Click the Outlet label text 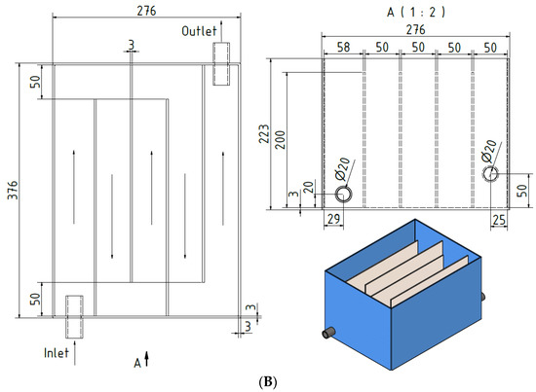coord(199,31)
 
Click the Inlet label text coord(57,353)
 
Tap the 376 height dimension coord(13,191)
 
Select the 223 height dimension coord(264,133)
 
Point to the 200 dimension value coord(280,139)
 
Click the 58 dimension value coord(343,47)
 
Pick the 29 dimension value coord(333,219)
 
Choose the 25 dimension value coord(499,220)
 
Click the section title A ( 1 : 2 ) coord(416,13)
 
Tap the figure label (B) coord(268,381)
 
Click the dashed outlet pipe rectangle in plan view coord(221,64)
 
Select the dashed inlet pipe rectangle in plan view coord(74,317)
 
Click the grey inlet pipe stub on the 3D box coord(328,333)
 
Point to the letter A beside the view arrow coord(137,363)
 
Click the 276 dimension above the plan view coord(146,11)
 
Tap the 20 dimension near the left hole coord(308,188)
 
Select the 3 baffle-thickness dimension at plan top coord(132,45)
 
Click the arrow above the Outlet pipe coord(221,31)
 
